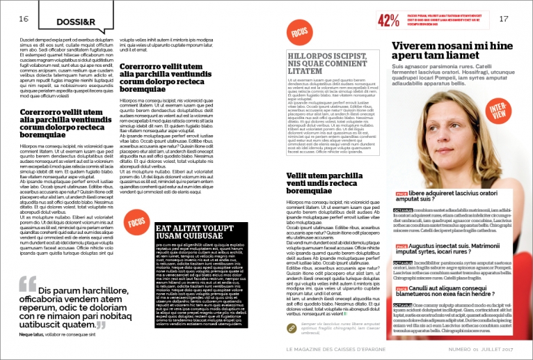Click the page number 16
24,19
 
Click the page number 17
504,19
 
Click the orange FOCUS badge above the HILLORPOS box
300,32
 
